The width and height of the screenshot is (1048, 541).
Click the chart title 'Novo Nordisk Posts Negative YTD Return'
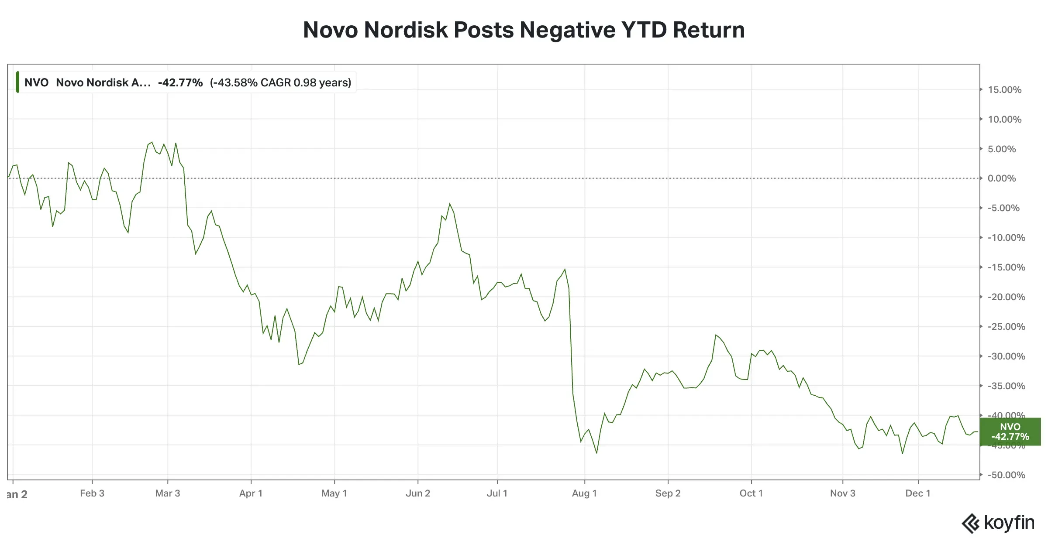(524, 30)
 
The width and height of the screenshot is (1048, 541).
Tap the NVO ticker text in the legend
(36, 82)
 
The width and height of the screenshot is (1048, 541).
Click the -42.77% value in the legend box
(180, 82)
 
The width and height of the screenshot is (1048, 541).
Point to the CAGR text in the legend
(280, 82)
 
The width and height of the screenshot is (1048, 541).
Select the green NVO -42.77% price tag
(1010, 431)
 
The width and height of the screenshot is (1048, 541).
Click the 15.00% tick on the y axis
(1004, 90)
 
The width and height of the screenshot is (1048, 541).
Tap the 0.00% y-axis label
(1002, 178)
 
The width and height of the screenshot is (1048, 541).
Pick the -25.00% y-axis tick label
(1006, 327)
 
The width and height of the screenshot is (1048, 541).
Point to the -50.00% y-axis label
(1006, 475)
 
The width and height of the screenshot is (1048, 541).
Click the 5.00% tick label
(1002, 149)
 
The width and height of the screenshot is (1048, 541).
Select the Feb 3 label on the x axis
(92, 493)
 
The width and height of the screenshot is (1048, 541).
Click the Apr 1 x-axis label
(251, 493)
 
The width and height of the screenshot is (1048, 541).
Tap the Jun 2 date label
(418, 493)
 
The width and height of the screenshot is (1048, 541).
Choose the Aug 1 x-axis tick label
(584, 493)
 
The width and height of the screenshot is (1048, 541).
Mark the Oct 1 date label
(751, 493)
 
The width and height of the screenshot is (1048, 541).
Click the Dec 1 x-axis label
(918, 493)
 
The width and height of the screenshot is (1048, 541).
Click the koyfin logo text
(1009, 523)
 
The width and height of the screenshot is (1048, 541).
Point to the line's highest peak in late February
(152, 142)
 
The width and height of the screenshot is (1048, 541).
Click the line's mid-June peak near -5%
(450, 204)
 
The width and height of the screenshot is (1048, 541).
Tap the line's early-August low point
(596, 453)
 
